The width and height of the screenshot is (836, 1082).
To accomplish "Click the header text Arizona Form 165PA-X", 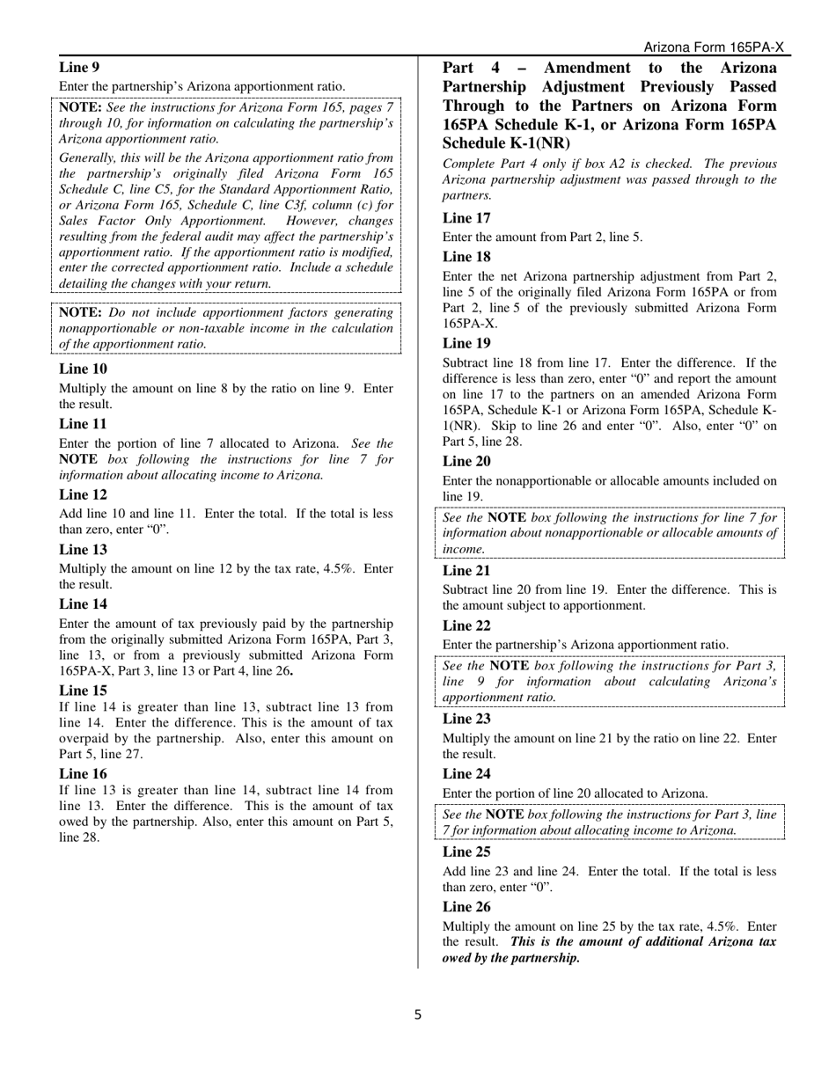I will (714, 48).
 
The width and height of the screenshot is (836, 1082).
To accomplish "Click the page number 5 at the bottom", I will (418, 1014).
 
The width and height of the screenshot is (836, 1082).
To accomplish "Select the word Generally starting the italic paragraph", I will (88, 157).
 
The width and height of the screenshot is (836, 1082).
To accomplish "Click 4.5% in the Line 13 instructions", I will (340, 568).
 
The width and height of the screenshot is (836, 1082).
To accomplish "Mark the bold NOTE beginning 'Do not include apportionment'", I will (80, 312).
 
